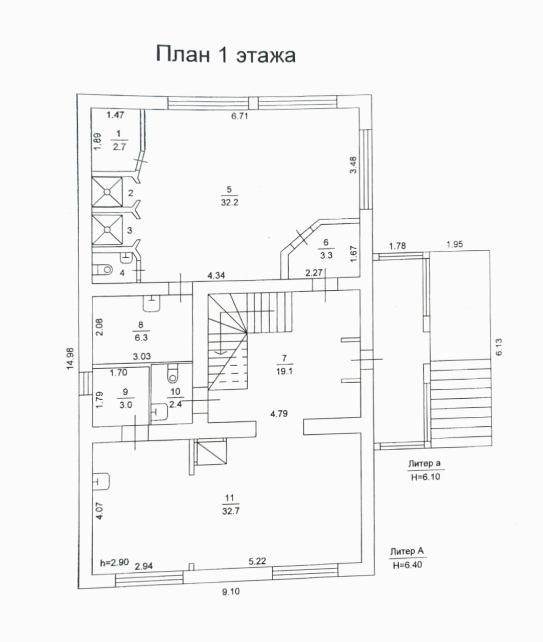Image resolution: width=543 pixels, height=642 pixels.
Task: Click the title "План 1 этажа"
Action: pyautogui.click(x=226, y=54)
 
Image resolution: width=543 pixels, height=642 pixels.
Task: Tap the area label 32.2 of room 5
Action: pyautogui.click(x=230, y=203)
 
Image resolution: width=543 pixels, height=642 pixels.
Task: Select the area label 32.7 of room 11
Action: pyautogui.click(x=231, y=511)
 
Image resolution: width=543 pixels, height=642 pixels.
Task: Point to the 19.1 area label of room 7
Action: pyautogui.click(x=284, y=371)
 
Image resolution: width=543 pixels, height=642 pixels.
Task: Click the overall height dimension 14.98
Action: pyautogui.click(x=70, y=358)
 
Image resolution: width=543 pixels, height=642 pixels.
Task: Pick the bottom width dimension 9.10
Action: pyautogui.click(x=231, y=592)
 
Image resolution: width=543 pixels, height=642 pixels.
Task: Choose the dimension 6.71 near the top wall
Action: pyautogui.click(x=239, y=116)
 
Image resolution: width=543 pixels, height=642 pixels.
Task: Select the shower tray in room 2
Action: pyautogui.click(x=107, y=192)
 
